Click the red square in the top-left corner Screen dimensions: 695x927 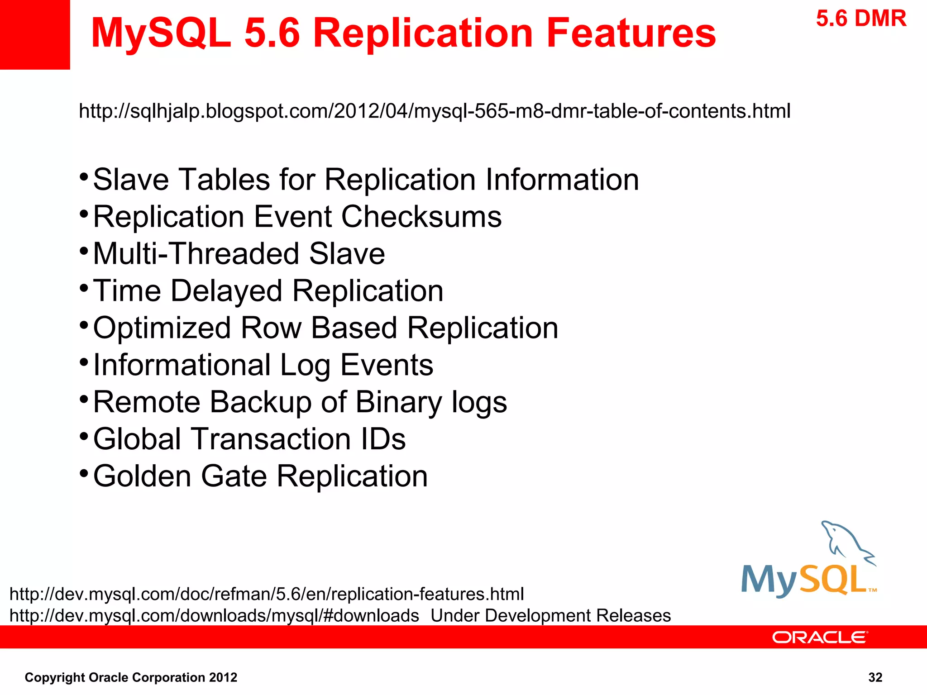[35, 34]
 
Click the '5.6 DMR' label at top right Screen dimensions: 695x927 [861, 19]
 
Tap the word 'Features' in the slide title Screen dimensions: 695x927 [631, 33]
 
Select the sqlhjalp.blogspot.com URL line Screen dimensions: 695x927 [435, 111]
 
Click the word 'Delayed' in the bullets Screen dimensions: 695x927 [226, 291]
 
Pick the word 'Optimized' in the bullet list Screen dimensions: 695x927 [162, 328]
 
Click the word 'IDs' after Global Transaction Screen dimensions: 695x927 [383, 439]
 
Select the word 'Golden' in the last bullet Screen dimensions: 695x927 [142, 476]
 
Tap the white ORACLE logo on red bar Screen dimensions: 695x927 [820, 638]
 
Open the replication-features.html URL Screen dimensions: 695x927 [267, 594]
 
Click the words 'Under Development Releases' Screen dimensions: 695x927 [550, 616]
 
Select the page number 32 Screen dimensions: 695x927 [875, 677]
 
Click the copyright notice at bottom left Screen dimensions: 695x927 [131, 677]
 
